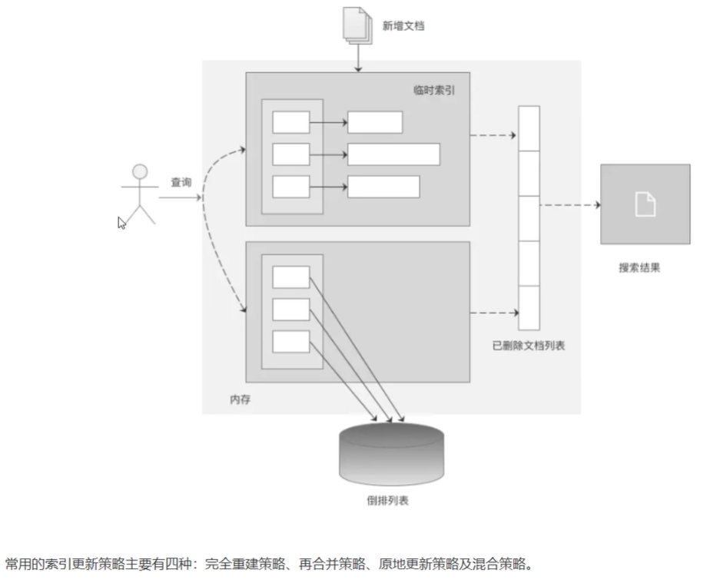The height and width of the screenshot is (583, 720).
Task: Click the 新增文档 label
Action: (x=403, y=25)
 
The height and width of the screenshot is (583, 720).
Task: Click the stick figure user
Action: (x=139, y=194)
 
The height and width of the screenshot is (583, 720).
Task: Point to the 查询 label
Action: (x=181, y=183)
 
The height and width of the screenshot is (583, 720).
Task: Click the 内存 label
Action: (x=241, y=399)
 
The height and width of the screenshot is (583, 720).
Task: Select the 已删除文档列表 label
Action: (x=529, y=346)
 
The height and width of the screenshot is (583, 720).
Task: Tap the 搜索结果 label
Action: (x=640, y=268)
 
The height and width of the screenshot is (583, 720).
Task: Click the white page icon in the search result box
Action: (x=645, y=204)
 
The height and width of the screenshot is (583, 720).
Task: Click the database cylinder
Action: (x=391, y=452)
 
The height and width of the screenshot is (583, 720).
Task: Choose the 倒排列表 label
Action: (x=387, y=501)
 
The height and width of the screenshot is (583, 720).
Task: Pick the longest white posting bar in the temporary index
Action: (x=393, y=154)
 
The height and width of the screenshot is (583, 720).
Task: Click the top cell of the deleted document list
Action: (x=529, y=128)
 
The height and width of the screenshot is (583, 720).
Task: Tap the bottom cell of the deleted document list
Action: (x=529, y=307)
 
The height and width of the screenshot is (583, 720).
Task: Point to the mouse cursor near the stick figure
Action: (x=121, y=223)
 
